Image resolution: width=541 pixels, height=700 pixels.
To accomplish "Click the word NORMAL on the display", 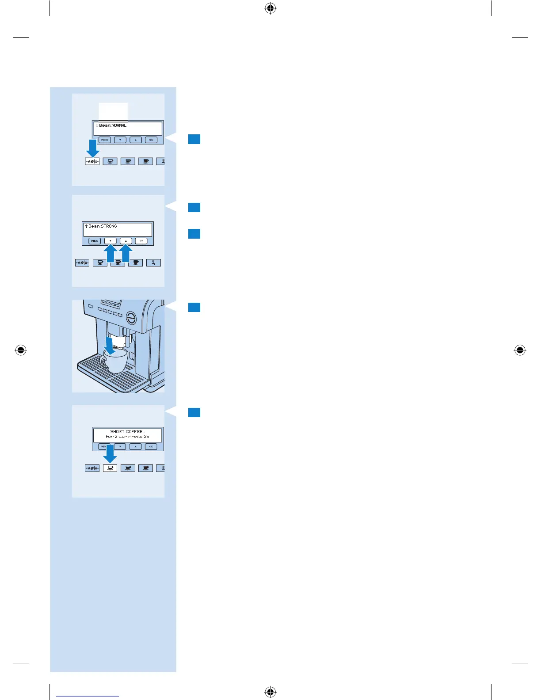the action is pos(119,126).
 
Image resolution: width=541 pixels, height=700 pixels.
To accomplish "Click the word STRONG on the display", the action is pos(109,226).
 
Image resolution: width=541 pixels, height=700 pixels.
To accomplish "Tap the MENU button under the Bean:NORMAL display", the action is pos(104,140).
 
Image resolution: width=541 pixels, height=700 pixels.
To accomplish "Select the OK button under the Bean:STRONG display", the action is pos(141,241).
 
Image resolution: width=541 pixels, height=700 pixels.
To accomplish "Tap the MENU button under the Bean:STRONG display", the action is pos(95,241).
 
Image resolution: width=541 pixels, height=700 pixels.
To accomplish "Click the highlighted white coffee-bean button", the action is pos(92,161).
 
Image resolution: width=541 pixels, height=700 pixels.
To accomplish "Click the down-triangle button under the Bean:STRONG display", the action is pos(110,241).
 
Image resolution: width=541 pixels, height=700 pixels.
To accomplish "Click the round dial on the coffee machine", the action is pos(131,317).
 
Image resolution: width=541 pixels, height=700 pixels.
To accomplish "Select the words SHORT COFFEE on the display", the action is pos(127,431).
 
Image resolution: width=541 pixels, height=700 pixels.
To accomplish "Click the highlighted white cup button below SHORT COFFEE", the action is pos(110,468).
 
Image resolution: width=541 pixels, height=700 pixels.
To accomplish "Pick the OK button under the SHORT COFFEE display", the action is pos(151,446).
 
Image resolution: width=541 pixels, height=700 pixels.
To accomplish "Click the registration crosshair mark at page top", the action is pos(270,8).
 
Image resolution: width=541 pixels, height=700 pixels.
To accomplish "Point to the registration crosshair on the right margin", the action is pos(520,350).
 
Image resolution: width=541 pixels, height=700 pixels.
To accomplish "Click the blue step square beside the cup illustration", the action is pos(194,307).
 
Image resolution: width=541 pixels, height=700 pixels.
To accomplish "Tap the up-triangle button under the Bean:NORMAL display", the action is pos(136,140).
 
